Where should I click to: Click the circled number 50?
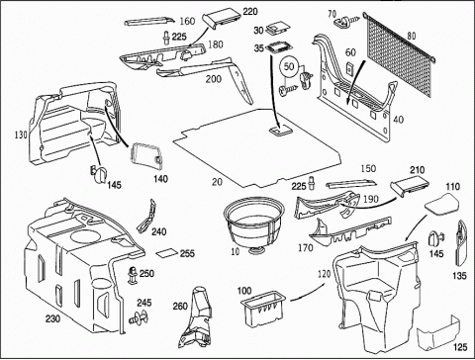[289, 66]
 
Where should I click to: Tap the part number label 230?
[52, 318]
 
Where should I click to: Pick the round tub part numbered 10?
[254, 224]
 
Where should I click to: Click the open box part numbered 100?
[262, 309]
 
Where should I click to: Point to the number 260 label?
[180, 307]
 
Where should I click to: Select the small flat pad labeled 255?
[166, 253]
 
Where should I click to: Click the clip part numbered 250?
[133, 275]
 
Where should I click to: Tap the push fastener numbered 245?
[139, 318]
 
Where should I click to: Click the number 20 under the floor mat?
[217, 182]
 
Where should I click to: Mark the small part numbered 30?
[276, 29]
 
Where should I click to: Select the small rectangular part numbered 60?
[349, 68]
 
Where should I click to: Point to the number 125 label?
[460, 347]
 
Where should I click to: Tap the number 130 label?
[21, 135]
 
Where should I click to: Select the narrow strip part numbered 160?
[149, 22]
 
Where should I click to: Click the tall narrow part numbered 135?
[460, 243]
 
